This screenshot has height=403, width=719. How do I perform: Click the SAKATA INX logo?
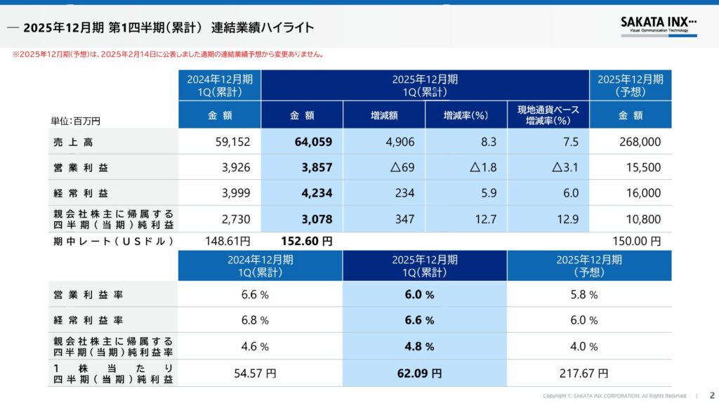(658, 24)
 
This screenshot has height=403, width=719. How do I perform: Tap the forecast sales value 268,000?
(640, 142)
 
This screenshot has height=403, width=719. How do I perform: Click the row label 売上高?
(73, 142)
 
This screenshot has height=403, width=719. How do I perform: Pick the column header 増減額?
(384, 115)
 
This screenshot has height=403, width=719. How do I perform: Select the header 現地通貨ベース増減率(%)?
(548, 115)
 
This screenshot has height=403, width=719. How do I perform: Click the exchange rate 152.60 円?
(307, 241)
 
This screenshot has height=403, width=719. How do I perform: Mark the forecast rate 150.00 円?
(636, 241)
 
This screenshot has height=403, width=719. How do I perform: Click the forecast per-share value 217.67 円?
(588, 374)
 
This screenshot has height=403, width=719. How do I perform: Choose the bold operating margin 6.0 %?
(419, 295)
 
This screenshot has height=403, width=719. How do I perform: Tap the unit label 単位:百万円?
(75, 121)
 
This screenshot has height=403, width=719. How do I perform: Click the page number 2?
(712, 395)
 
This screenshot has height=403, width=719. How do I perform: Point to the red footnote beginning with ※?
(168, 54)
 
